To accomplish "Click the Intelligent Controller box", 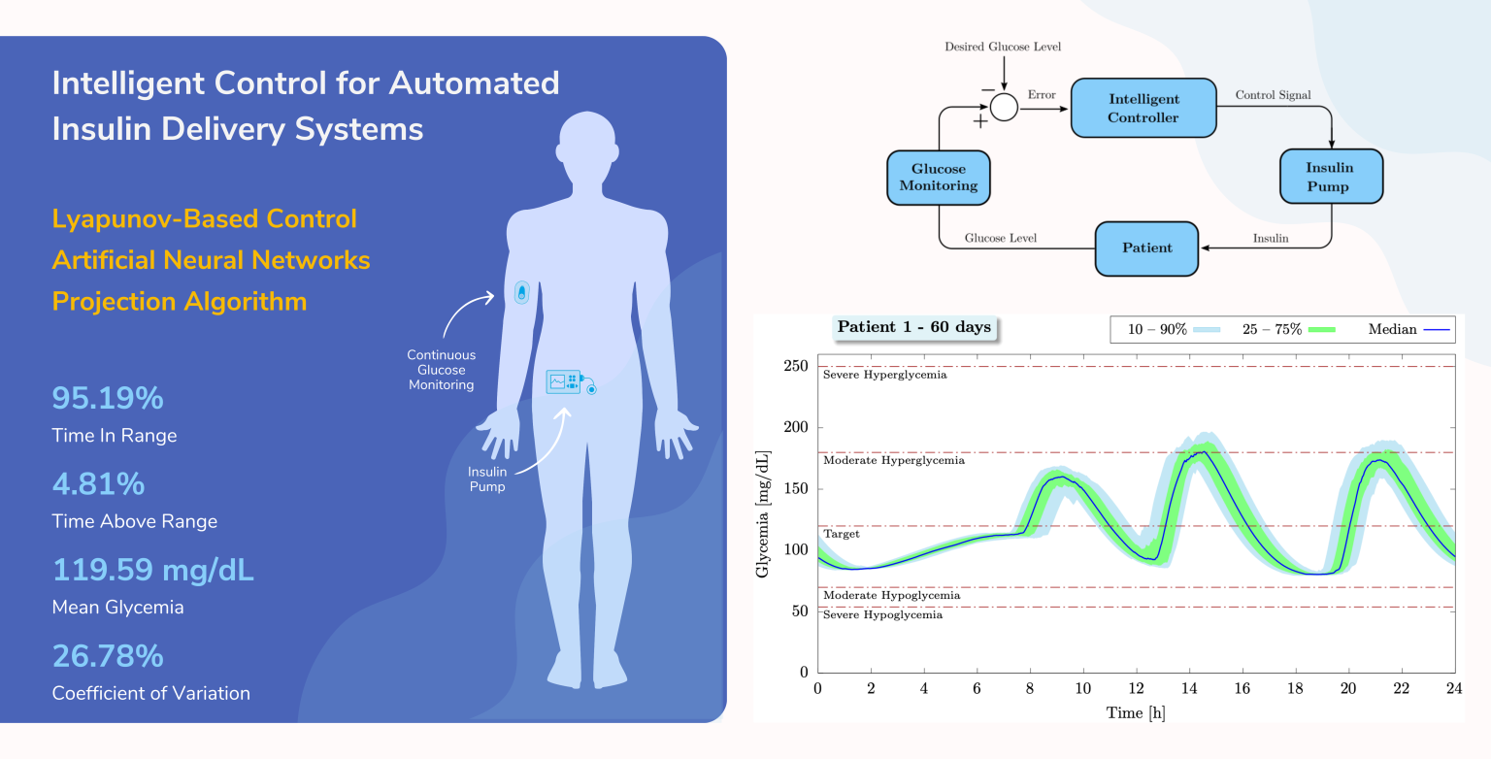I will click(x=1143, y=108).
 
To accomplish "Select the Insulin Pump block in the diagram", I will click(x=1331, y=177).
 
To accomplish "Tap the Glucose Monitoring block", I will click(x=939, y=177).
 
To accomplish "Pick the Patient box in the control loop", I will click(x=1146, y=247).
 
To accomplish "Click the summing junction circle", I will click(x=1004, y=107).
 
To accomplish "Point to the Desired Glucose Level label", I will click(x=1004, y=47).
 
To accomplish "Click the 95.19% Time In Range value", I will click(x=108, y=399).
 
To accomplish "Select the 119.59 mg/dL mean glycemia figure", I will click(x=152, y=570).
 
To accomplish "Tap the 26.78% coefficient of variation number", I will click(x=108, y=656).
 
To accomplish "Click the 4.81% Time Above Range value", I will click(x=98, y=484).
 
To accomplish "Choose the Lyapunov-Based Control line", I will click(x=205, y=218).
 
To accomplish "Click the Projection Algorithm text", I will click(x=180, y=301).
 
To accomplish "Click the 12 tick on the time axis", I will click(x=1136, y=688).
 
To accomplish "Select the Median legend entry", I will click(x=1408, y=330).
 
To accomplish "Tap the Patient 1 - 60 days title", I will click(x=913, y=327).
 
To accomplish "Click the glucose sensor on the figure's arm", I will click(x=522, y=292).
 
